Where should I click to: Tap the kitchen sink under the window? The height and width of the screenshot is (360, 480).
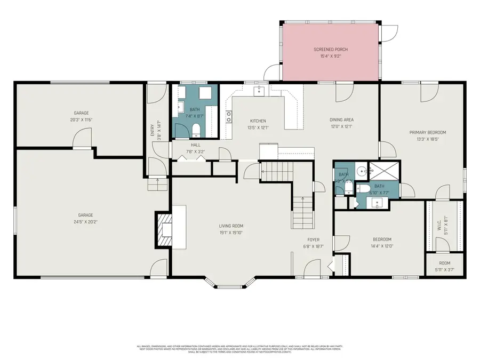(x=259, y=91)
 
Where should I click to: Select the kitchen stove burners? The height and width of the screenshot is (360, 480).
(x=229, y=116)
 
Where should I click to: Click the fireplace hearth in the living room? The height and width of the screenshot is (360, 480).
(x=166, y=229)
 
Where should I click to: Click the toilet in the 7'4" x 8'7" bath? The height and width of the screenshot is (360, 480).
(x=196, y=130)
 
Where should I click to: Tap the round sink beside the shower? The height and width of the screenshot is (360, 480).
(x=363, y=172)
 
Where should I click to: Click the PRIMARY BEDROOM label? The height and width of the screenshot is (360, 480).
(x=428, y=132)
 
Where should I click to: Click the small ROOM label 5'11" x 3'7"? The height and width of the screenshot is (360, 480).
(x=444, y=263)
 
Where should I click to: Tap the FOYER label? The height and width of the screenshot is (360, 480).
(x=313, y=239)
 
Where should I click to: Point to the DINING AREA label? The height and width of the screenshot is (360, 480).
(x=341, y=120)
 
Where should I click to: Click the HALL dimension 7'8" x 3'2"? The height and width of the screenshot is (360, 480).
(x=196, y=151)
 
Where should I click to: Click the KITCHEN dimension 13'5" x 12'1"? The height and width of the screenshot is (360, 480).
(x=258, y=127)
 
